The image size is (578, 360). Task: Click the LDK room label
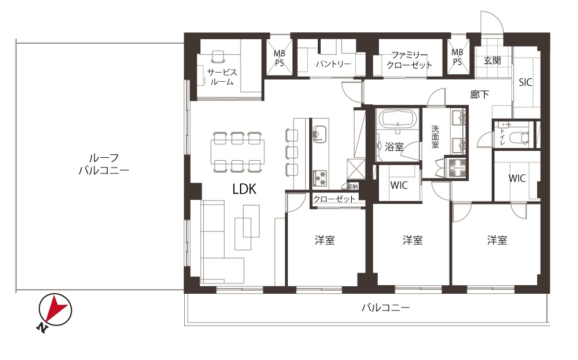[244, 190]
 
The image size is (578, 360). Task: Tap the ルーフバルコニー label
[104, 164]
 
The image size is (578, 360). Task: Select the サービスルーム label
[222, 77]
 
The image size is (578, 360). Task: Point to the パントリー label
[333, 64]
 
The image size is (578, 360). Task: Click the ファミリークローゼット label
[409, 60]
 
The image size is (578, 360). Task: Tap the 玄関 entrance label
[492, 60]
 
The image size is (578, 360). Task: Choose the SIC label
[525, 82]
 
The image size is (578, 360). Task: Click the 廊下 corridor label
[479, 94]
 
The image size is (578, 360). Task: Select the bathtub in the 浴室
[398, 119]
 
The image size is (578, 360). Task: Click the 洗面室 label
[435, 137]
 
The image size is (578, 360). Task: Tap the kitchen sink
[320, 134]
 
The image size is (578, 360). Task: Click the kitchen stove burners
[320, 178]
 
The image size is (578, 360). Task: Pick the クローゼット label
[334, 199]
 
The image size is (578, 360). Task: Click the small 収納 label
[352, 186]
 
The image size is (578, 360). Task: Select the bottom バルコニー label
[386, 307]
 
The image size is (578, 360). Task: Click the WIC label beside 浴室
[399, 185]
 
